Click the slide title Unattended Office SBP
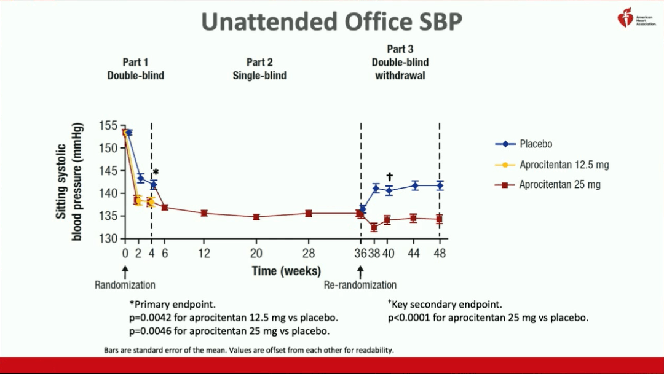[332, 22]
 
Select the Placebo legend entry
[536, 144]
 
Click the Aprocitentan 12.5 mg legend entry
[564, 165]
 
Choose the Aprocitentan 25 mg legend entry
[559, 184]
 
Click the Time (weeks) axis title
[286, 271]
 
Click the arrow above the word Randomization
[125, 271]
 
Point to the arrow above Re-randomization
[361, 271]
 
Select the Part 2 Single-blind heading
[259, 69]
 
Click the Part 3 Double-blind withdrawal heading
[400, 62]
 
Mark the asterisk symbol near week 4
[156, 173]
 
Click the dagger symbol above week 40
[389, 177]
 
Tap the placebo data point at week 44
[415, 185]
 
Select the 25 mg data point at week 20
[256, 217]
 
